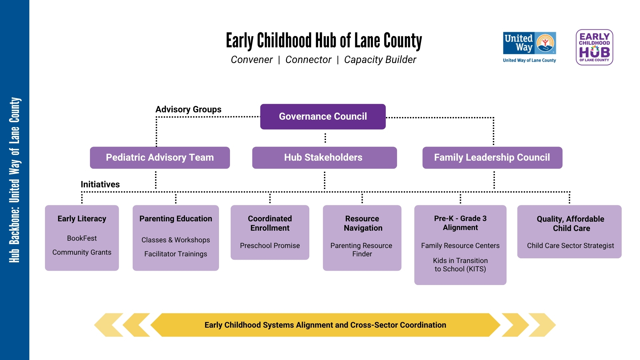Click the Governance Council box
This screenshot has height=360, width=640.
[x=323, y=117]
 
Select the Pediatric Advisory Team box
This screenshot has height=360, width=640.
[x=160, y=158]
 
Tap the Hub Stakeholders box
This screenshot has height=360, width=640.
[x=324, y=158]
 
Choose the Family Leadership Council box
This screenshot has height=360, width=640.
[x=492, y=158]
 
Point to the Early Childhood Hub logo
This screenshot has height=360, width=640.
[x=594, y=47]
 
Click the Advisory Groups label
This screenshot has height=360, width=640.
[x=188, y=109]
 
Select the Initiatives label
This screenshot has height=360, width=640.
[x=100, y=184]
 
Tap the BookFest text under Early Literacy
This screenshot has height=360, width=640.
[x=82, y=238]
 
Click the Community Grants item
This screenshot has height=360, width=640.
[x=82, y=252]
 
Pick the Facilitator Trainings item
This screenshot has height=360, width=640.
[x=176, y=254]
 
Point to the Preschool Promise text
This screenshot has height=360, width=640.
[x=270, y=246]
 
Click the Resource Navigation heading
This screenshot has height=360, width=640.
[x=362, y=223]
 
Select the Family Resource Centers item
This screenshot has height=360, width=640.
[x=460, y=246]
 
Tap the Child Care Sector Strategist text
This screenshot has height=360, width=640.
[x=570, y=246]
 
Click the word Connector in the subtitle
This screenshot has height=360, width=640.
[x=308, y=60]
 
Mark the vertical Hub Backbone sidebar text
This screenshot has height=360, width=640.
[x=15, y=180]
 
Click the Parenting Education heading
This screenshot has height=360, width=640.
[x=176, y=219]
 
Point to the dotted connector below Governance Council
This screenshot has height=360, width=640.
[x=325, y=138]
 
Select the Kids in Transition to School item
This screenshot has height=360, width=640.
[x=460, y=265]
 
